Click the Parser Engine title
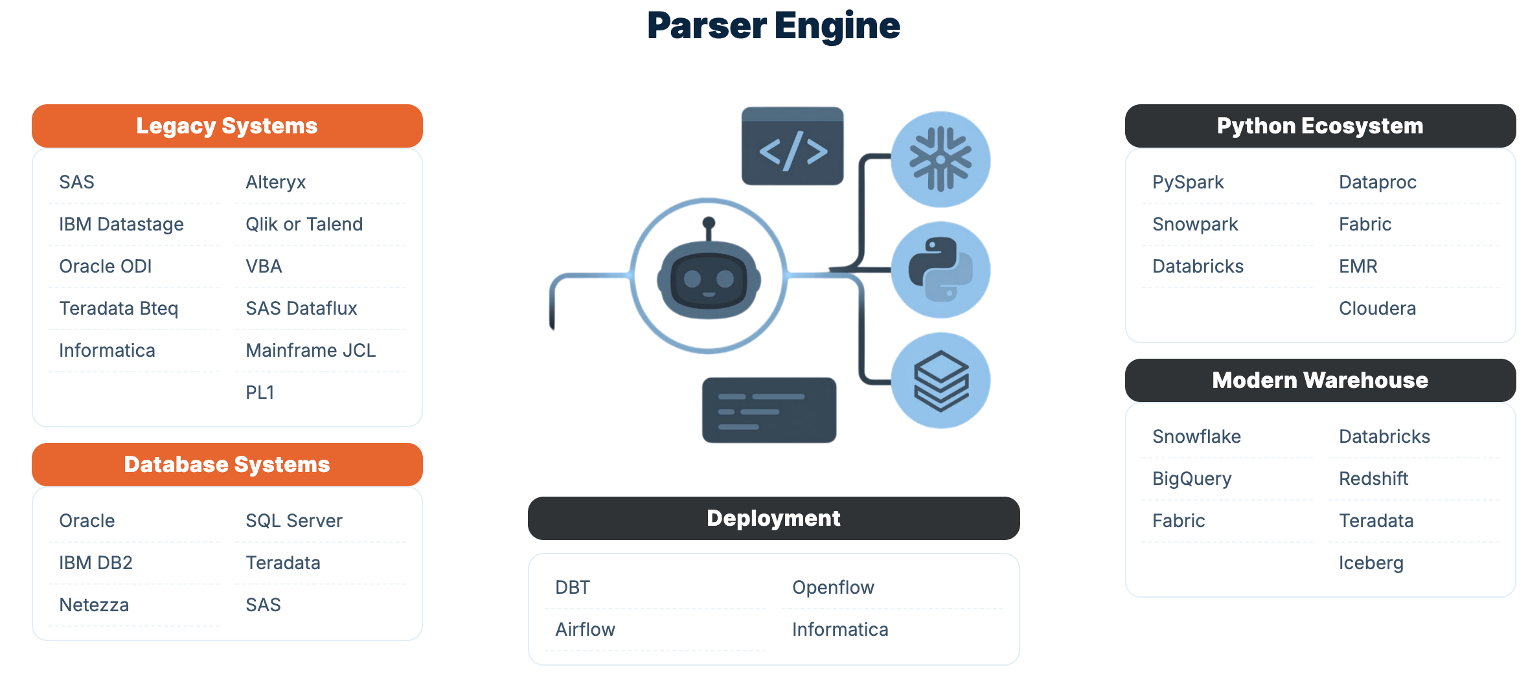coord(773,26)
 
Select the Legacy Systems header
coord(227,126)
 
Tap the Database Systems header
coord(227,464)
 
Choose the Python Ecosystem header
coord(1320,126)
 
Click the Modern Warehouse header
coord(1320,380)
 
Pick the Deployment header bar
coord(773,518)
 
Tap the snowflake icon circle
coord(940,159)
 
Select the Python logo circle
coord(940,270)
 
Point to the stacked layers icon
coord(940,381)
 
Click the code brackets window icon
coord(792,146)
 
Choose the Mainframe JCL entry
coord(311,350)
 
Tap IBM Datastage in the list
coord(121,224)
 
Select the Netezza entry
coord(94,605)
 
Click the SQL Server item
coord(294,521)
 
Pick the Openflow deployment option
coord(833,587)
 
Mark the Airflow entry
coord(585,629)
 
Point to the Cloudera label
coord(1377,308)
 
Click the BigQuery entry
coord(1192,479)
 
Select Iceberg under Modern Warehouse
coord(1371,563)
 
